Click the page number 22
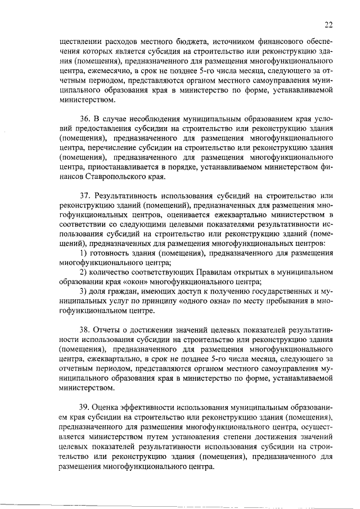(329, 24)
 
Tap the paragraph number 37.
(84, 196)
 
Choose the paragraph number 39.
(84, 407)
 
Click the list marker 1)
(83, 254)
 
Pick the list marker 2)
(83, 272)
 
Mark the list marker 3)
(83, 291)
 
